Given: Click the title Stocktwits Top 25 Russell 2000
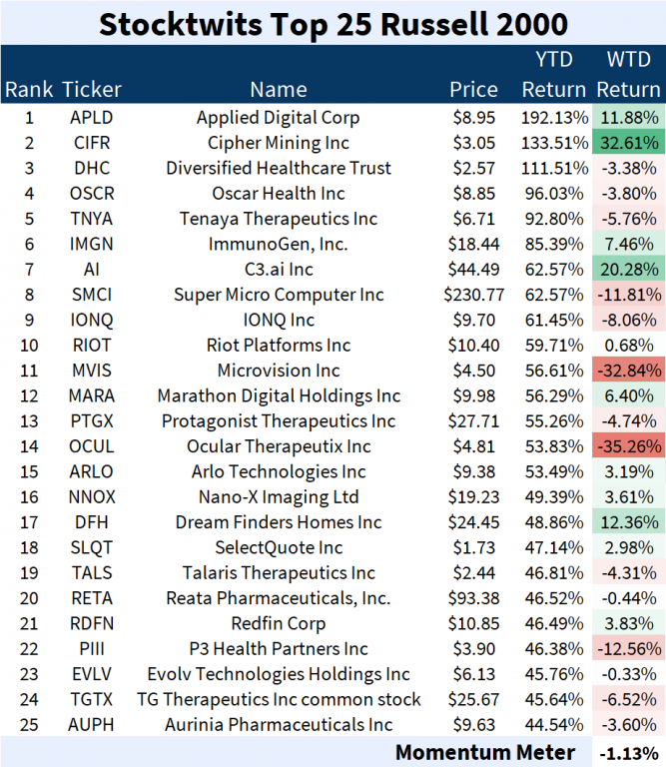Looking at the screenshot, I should [x=333, y=22].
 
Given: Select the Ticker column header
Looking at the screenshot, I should [x=92, y=90].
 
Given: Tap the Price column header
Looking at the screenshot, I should [x=473, y=90].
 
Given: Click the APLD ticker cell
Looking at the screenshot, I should [x=92, y=117].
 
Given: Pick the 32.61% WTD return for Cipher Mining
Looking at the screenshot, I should [x=629, y=142].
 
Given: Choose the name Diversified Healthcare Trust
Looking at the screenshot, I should [x=279, y=168].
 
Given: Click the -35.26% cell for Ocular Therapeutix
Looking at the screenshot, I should [x=629, y=446].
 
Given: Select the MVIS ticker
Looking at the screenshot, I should [x=92, y=371].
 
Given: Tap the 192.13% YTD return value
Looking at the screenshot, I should [x=554, y=117].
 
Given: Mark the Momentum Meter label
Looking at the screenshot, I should [x=485, y=752].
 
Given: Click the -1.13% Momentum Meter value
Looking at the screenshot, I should [x=630, y=752].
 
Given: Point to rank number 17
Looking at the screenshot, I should [x=29, y=522].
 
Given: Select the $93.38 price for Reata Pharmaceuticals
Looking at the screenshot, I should [x=474, y=598].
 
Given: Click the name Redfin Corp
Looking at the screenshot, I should [x=279, y=623].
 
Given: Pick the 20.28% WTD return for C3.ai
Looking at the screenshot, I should [x=629, y=270].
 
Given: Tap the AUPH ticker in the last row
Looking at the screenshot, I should [x=92, y=725].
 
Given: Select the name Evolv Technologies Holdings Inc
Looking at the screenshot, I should [x=279, y=674].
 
